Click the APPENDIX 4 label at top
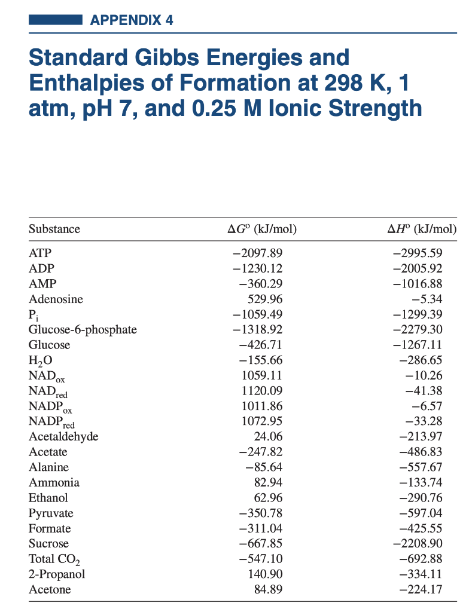click(x=132, y=20)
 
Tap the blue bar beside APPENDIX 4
click(x=55, y=20)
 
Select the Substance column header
click(x=54, y=229)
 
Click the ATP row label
click(x=39, y=253)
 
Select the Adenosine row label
click(x=56, y=299)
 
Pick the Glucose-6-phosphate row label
click(x=83, y=329)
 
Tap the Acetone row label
click(x=50, y=590)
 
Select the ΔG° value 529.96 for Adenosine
click(x=265, y=299)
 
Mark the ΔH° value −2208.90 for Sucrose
click(x=425, y=544)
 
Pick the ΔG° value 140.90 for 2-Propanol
click(x=265, y=574)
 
